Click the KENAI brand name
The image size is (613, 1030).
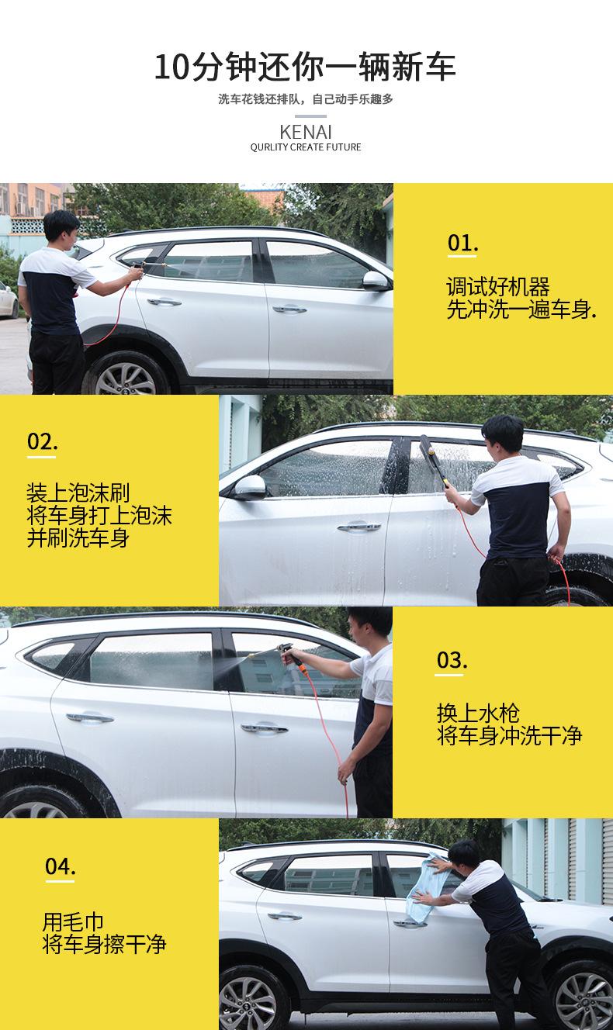pos(306,131)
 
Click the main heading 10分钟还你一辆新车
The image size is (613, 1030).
pos(306,67)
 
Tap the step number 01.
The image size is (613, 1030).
pos(462,243)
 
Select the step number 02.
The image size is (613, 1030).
pos(43,441)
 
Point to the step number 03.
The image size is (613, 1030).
pos(452,660)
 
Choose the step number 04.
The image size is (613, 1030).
pos(60,866)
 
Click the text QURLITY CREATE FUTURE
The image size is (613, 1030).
pos(306,147)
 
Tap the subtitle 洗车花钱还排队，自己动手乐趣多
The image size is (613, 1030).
pos(306,99)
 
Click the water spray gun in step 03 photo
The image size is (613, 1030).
pos(293,652)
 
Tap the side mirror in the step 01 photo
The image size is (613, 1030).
pos(375,281)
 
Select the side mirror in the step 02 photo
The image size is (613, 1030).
pos(249,487)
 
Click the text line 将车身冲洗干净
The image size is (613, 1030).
pos(509,735)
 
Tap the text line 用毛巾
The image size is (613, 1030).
pos(73,922)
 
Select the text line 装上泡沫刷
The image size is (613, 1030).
pos(78,493)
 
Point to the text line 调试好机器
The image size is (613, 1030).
pos(497,287)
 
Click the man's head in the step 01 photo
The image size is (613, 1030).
pos(61,226)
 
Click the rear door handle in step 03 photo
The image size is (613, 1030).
pos(89,718)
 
